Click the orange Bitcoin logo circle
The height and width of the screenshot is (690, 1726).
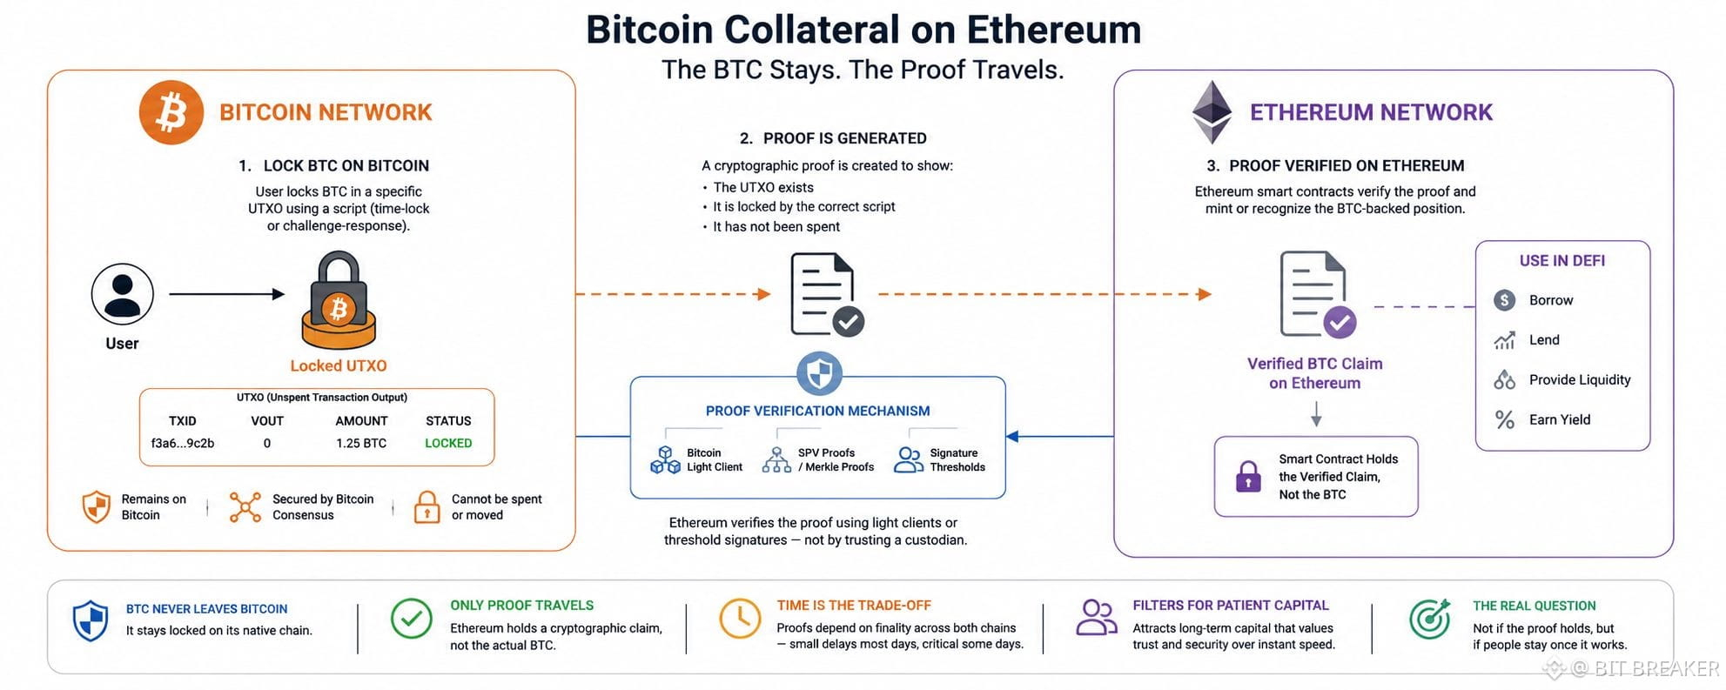coord(171,112)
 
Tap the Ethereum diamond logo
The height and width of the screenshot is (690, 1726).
coord(1212,112)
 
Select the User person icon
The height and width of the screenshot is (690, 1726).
coord(123,294)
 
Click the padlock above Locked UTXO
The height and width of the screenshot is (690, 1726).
coord(339,301)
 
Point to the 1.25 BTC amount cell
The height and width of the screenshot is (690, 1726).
coord(361,443)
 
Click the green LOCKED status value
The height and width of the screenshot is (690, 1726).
coord(448,443)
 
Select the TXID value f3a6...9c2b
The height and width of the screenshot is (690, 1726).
coord(183,443)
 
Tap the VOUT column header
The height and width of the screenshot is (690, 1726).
coord(267,420)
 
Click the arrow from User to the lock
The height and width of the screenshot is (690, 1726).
coord(227,294)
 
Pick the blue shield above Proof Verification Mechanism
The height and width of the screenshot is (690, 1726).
coord(819,374)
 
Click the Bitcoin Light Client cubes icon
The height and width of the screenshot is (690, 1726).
coord(666,459)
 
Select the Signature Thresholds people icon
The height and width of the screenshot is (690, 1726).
coord(909,459)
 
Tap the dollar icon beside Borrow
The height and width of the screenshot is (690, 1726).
coord(1505,300)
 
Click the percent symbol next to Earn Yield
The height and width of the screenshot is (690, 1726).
coord(1505,419)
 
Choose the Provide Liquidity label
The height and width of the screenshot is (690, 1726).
coord(1580,379)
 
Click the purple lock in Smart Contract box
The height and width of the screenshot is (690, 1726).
coord(1248,476)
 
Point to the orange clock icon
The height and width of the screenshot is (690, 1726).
coord(740,618)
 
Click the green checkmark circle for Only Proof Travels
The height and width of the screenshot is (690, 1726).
coord(412,619)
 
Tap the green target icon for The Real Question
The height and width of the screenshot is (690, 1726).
coord(1430,619)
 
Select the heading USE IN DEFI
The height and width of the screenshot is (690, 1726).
coord(1562,260)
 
